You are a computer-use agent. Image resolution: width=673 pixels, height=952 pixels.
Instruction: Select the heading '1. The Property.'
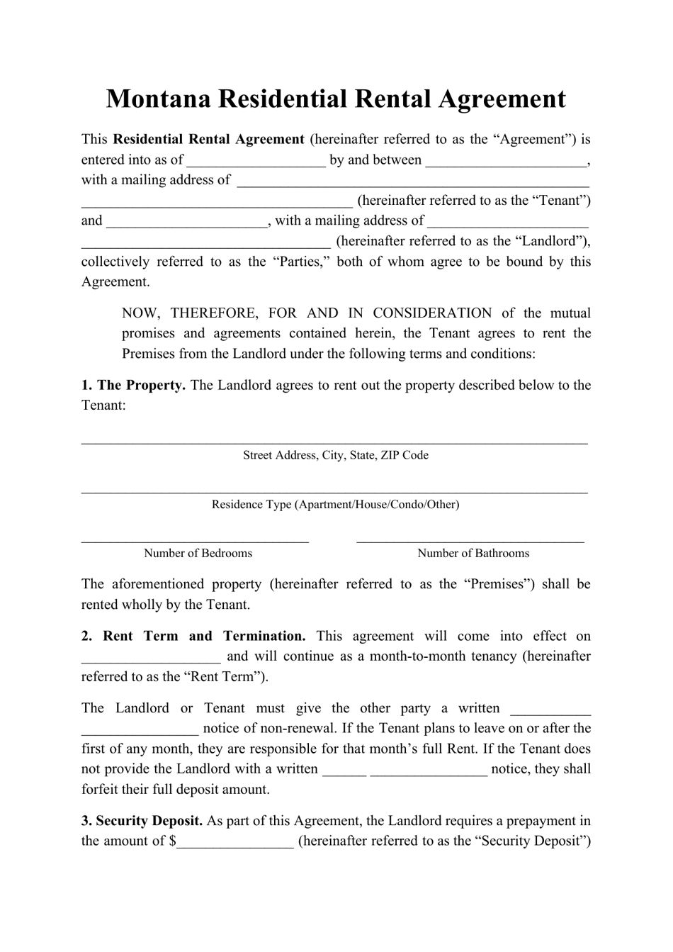[x=133, y=386]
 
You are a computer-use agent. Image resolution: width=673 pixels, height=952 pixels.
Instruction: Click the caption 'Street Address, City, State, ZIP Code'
[x=336, y=455]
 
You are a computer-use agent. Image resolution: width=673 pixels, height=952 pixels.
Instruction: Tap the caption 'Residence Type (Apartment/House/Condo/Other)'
[x=336, y=505]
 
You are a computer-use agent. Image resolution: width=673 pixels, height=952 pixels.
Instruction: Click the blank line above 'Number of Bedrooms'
[x=195, y=539]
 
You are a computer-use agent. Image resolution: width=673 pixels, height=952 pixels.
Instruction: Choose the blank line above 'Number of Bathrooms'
[x=470, y=539]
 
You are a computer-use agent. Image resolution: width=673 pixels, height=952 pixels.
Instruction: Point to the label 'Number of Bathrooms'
[x=473, y=554]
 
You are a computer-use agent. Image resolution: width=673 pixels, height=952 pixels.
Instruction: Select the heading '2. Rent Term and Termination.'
[x=193, y=637]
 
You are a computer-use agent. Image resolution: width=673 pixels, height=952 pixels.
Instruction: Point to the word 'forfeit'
[x=102, y=790]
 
